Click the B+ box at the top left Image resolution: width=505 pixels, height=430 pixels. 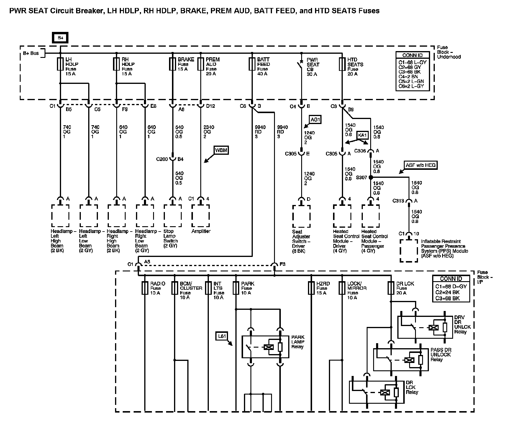pyautogui.click(x=60, y=38)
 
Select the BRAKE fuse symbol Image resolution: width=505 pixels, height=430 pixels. pyautogui.click(x=173, y=64)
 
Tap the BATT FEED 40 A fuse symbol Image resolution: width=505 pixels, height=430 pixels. pyautogui.click(x=252, y=64)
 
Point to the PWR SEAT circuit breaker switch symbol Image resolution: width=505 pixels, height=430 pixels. pyautogui.click(x=301, y=64)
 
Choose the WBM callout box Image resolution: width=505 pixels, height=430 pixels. pyautogui.click(x=221, y=150)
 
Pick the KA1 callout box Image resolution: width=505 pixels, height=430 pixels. pyautogui.click(x=362, y=135)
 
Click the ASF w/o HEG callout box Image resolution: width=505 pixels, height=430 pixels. pyautogui.click(x=420, y=165)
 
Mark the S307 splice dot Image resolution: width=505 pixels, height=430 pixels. pyautogui.click(x=371, y=177)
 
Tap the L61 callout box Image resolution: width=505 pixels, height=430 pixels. pyautogui.click(x=222, y=336)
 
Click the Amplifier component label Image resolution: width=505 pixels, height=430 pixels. pyautogui.click(x=201, y=231)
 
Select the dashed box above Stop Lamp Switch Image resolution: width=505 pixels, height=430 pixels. pyautogui.click(x=173, y=216)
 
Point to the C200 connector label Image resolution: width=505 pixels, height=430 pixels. pyautogui.click(x=162, y=159)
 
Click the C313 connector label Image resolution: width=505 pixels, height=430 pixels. pyautogui.click(x=398, y=201)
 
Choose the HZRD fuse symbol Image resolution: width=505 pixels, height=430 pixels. pyautogui.click(x=311, y=288)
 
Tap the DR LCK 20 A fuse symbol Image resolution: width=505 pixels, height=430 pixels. pyautogui.click(x=391, y=288)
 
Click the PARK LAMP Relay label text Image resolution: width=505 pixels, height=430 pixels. pyautogui.click(x=298, y=342)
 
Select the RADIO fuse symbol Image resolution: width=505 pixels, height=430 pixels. pyautogui.click(x=145, y=288)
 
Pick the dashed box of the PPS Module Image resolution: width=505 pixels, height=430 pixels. pyautogui.click(x=409, y=250)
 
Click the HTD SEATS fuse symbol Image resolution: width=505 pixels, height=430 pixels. pyautogui.click(x=342, y=64)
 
